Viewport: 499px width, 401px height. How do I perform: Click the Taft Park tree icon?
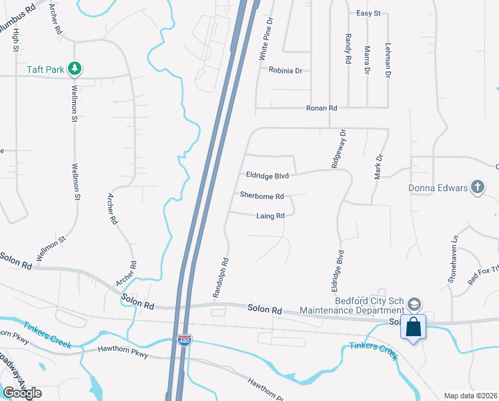pyautogui.click(x=75, y=69)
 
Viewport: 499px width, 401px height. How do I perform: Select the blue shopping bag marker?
pyautogui.click(x=414, y=327)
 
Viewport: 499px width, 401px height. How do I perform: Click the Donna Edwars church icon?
pyautogui.click(x=477, y=187)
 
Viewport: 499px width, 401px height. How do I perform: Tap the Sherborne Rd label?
pyautogui.click(x=262, y=196)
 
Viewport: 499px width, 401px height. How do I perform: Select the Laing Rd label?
pyautogui.click(x=270, y=216)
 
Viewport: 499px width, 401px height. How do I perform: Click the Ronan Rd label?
pyautogui.click(x=322, y=108)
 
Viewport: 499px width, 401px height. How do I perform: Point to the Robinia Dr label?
pyautogui.click(x=286, y=70)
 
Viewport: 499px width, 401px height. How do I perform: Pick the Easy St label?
pyautogui.click(x=368, y=13)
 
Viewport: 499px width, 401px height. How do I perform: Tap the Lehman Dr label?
pyautogui.click(x=388, y=60)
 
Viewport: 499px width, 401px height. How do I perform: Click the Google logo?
pyautogui.click(x=22, y=392)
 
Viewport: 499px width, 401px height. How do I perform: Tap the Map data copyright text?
pyautogui.click(x=470, y=396)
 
